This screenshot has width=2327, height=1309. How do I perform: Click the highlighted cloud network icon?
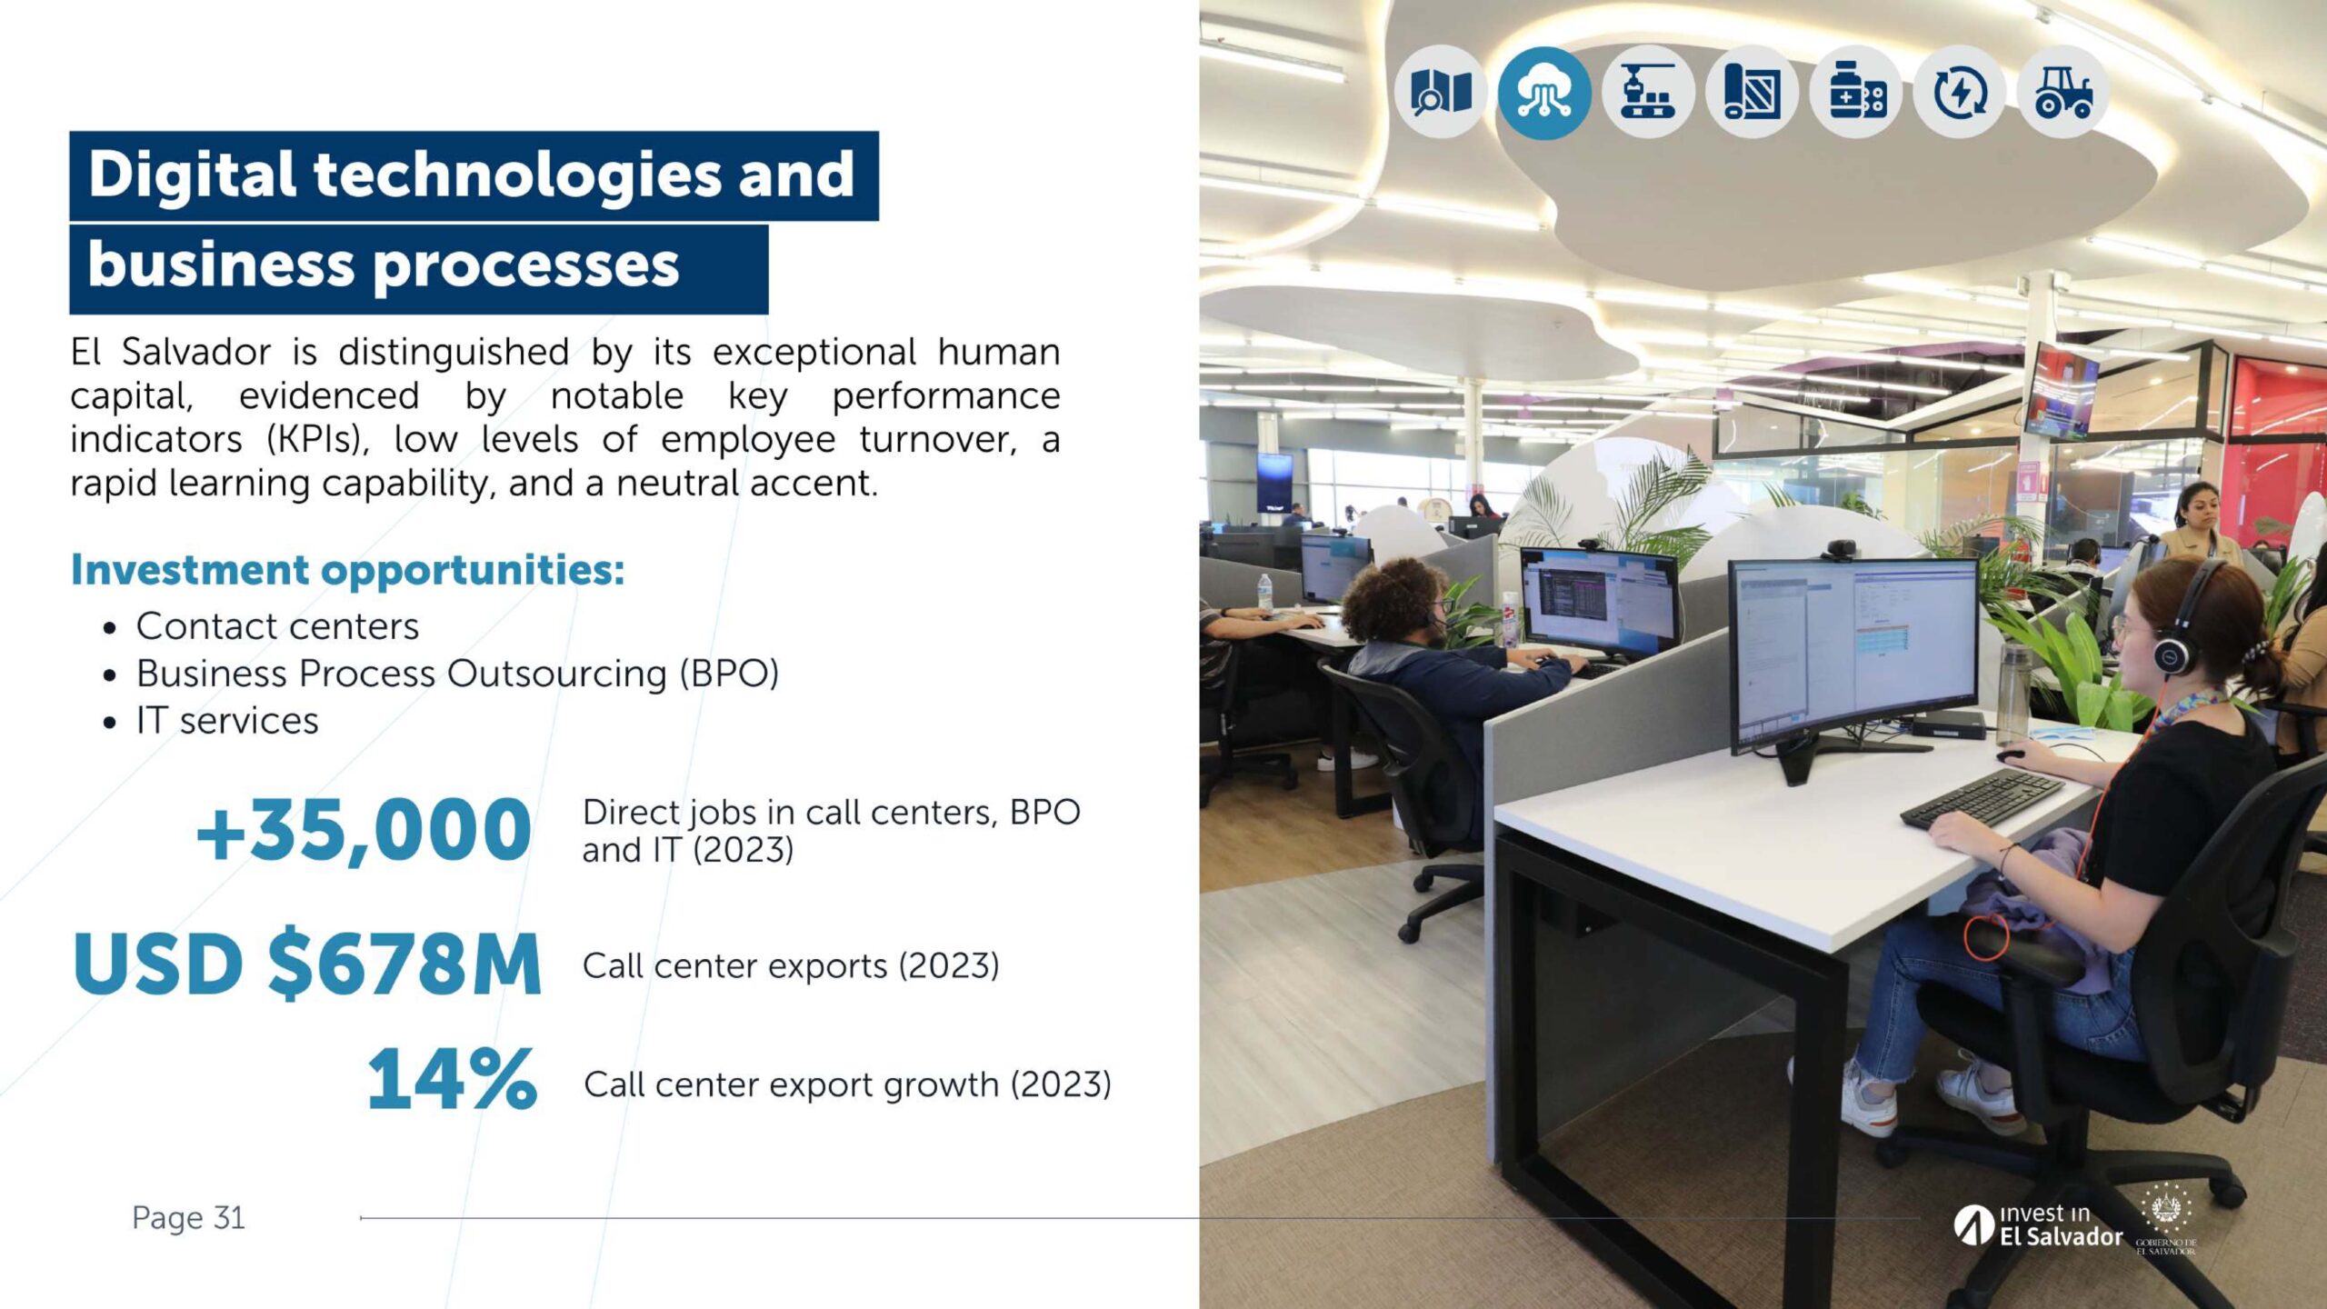coord(1543,92)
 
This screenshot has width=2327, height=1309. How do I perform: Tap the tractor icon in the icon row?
coord(2062,92)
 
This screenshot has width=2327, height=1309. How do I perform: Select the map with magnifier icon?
coord(1441,92)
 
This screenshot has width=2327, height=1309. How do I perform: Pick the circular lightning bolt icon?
coord(1959,92)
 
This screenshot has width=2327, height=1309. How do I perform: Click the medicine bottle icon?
coord(1855,92)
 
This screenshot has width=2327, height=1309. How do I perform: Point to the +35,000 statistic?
coord(364,830)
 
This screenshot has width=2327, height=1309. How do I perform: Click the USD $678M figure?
coord(307,964)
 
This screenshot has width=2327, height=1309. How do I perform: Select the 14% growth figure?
coord(452,1079)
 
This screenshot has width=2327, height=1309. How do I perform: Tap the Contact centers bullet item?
coord(277,626)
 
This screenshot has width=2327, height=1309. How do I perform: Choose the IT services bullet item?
coord(227,721)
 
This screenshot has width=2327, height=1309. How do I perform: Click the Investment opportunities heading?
coord(348,571)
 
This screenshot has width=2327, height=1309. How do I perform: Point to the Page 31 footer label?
coord(188,1218)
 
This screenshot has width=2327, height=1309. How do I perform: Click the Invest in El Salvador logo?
coord(2038,1225)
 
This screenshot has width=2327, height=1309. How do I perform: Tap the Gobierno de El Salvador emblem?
coord(2166,1218)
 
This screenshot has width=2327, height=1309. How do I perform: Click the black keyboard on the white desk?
coord(1982,799)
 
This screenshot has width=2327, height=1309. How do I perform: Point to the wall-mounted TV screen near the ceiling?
coord(2062,391)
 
